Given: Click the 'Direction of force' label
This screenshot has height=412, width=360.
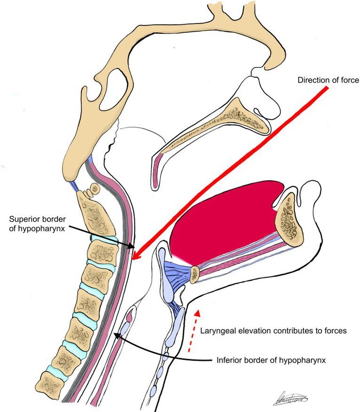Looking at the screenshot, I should [x=327, y=80].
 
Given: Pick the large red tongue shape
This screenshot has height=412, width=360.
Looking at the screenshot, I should [x=226, y=218].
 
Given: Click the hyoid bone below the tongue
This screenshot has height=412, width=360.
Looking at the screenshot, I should [x=194, y=274].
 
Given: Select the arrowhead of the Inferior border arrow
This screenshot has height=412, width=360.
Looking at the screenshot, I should [x=116, y=335].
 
